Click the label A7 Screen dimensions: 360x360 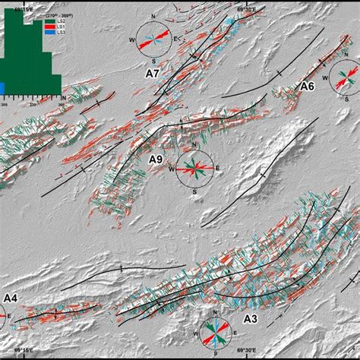click(153, 74)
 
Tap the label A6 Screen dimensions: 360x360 click(306, 87)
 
